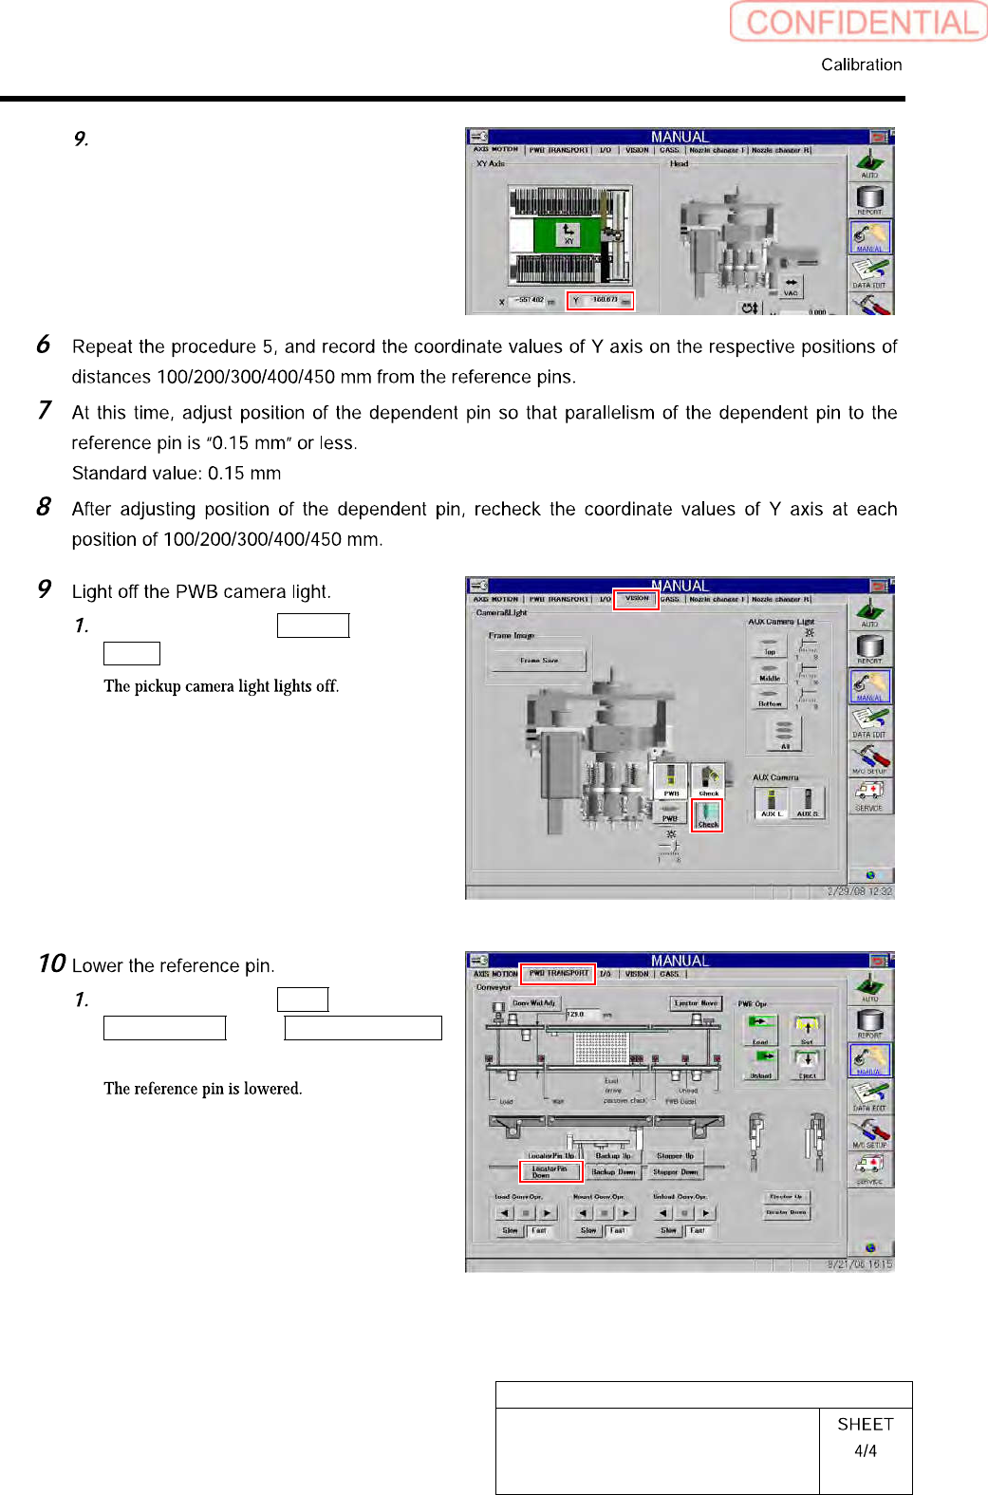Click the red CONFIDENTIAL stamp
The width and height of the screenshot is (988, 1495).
[859, 22]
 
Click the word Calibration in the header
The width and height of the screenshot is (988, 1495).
[861, 65]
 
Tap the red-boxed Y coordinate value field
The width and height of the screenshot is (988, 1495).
[601, 301]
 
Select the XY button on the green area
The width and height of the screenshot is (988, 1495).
[569, 234]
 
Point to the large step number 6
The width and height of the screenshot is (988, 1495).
[44, 345]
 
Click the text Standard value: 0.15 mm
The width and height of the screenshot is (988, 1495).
[177, 473]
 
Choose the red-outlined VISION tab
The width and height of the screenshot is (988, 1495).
[636, 599]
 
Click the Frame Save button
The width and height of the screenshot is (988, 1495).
[538, 660]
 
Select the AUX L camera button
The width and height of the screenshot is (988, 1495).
[772, 802]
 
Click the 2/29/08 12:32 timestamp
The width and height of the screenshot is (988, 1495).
[860, 891]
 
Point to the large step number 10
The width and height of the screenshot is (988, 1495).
[52, 963]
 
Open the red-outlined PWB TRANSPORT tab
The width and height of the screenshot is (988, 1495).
[558, 973]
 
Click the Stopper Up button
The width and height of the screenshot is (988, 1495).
[675, 1156]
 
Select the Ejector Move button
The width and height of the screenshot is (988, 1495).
[696, 1003]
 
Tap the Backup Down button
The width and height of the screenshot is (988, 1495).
[613, 1172]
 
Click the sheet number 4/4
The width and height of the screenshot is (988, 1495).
[866, 1451]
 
